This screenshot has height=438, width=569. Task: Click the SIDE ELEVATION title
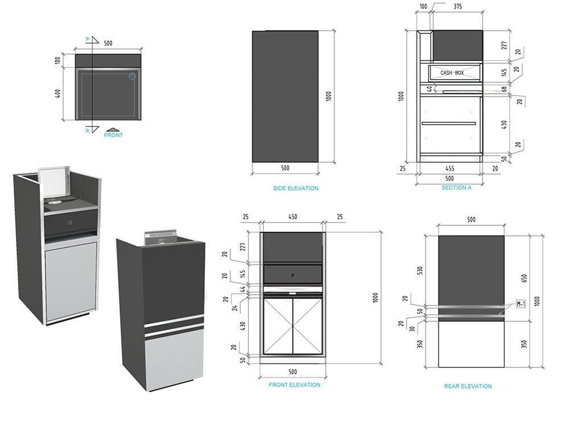(x=295, y=188)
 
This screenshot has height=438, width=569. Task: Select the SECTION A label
(x=456, y=188)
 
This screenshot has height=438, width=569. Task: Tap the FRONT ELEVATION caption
(x=294, y=385)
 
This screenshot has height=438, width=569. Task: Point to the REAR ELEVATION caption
(x=468, y=386)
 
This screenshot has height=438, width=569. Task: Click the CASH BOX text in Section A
(x=452, y=73)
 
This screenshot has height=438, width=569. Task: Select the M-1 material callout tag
(x=521, y=304)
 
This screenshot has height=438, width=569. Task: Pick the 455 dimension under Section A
(x=450, y=168)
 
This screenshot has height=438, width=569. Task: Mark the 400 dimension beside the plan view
(x=58, y=93)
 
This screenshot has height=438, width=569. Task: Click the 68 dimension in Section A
(x=504, y=90)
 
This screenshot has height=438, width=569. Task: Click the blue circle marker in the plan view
(x=133, y=76)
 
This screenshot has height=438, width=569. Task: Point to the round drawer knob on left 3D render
(x=69, y=222)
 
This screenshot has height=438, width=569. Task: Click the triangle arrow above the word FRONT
(x=113, y=130)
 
